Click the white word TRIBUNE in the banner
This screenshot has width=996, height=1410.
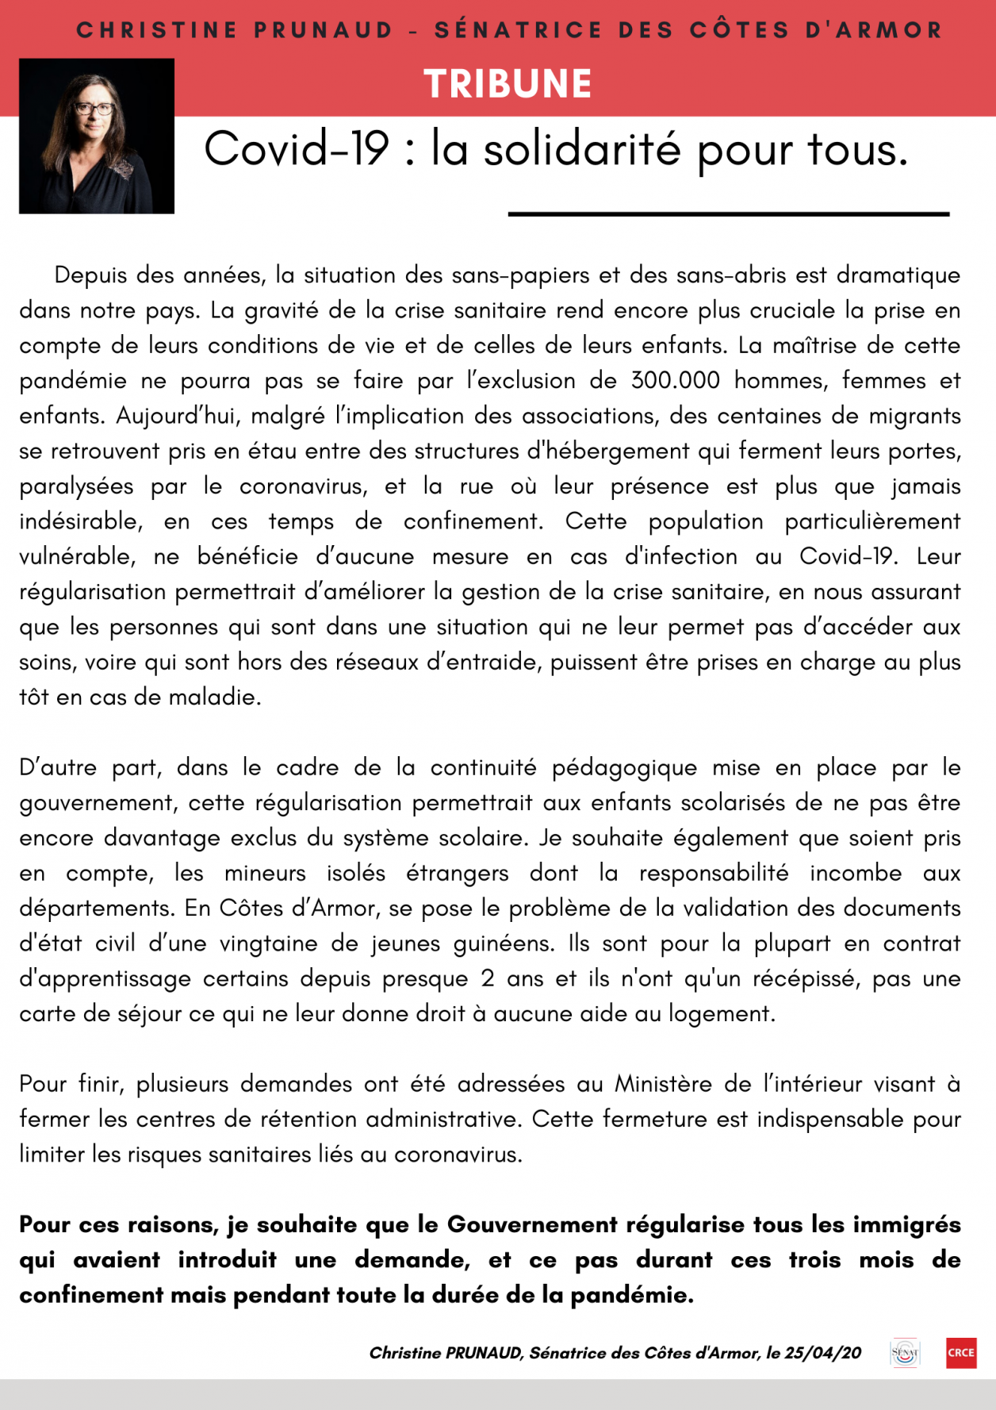(508, 84)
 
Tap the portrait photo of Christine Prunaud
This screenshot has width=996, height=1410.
(97, 136)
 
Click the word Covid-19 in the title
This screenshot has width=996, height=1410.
(297, 148)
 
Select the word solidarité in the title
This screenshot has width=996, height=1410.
(582, 148)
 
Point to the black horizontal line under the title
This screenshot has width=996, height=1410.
(728, 213)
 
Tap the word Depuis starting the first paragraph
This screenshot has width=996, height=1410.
(90, 275)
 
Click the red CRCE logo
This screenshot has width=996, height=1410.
(961, 1353)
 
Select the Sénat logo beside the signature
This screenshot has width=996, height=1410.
(905, 1353)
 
